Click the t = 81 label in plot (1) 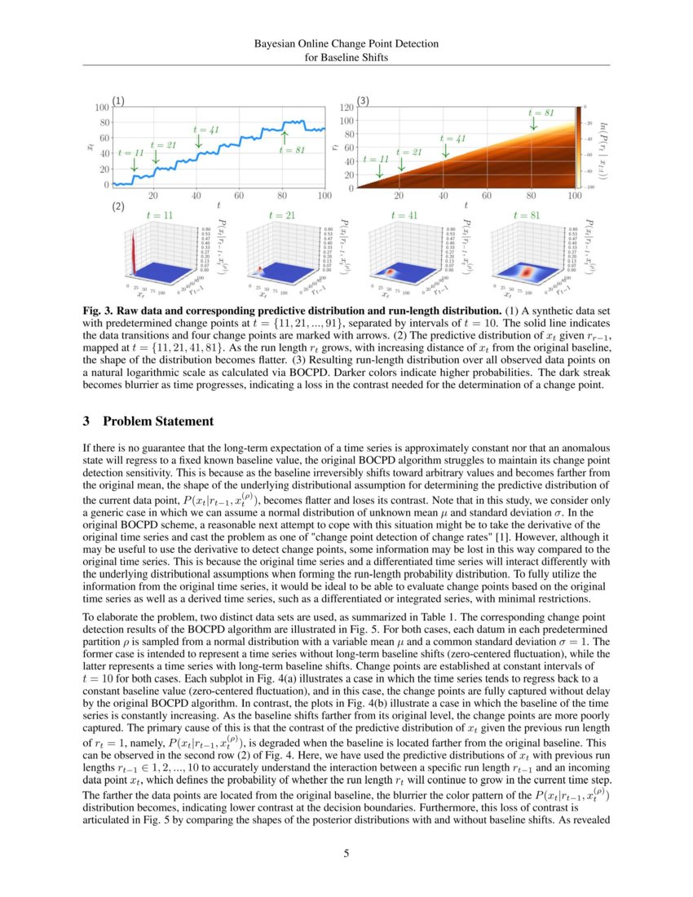(x=291, y=150)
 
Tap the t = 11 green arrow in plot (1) (x=135, y=164)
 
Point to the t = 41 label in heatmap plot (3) (x=454, y=139)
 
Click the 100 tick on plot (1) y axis (x=103, y=107)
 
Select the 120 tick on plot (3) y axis (x=346, y=107)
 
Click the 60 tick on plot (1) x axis (x=239, y=197)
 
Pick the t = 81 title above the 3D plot (x=523, y=215)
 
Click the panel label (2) (x=118, y=208)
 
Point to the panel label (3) (x=364, y=101)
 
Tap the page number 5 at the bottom (x=346, y=854)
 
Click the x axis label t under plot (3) (x=465, y=205)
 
